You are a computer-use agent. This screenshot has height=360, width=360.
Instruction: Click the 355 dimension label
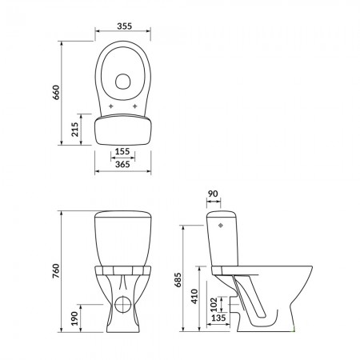click(x=124, y=26)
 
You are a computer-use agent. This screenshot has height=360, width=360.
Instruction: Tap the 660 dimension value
click(x=56, y=92)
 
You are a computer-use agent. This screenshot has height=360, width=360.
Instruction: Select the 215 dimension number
click(x=75, y=130)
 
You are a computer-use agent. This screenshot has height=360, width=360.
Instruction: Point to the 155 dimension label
click(x=122, y=151)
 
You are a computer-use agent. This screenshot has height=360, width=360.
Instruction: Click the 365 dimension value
click(x=122, y=164)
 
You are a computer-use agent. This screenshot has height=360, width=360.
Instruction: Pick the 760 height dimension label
click(x=56, y=271)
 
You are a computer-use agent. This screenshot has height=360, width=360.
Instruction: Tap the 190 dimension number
click(x=75, y=318)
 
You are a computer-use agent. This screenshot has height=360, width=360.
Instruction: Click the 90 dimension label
click(x=213, y=194)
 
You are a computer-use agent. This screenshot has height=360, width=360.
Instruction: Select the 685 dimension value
click(x=178, y=280)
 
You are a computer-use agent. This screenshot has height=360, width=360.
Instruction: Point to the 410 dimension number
click(x=194, y=296)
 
